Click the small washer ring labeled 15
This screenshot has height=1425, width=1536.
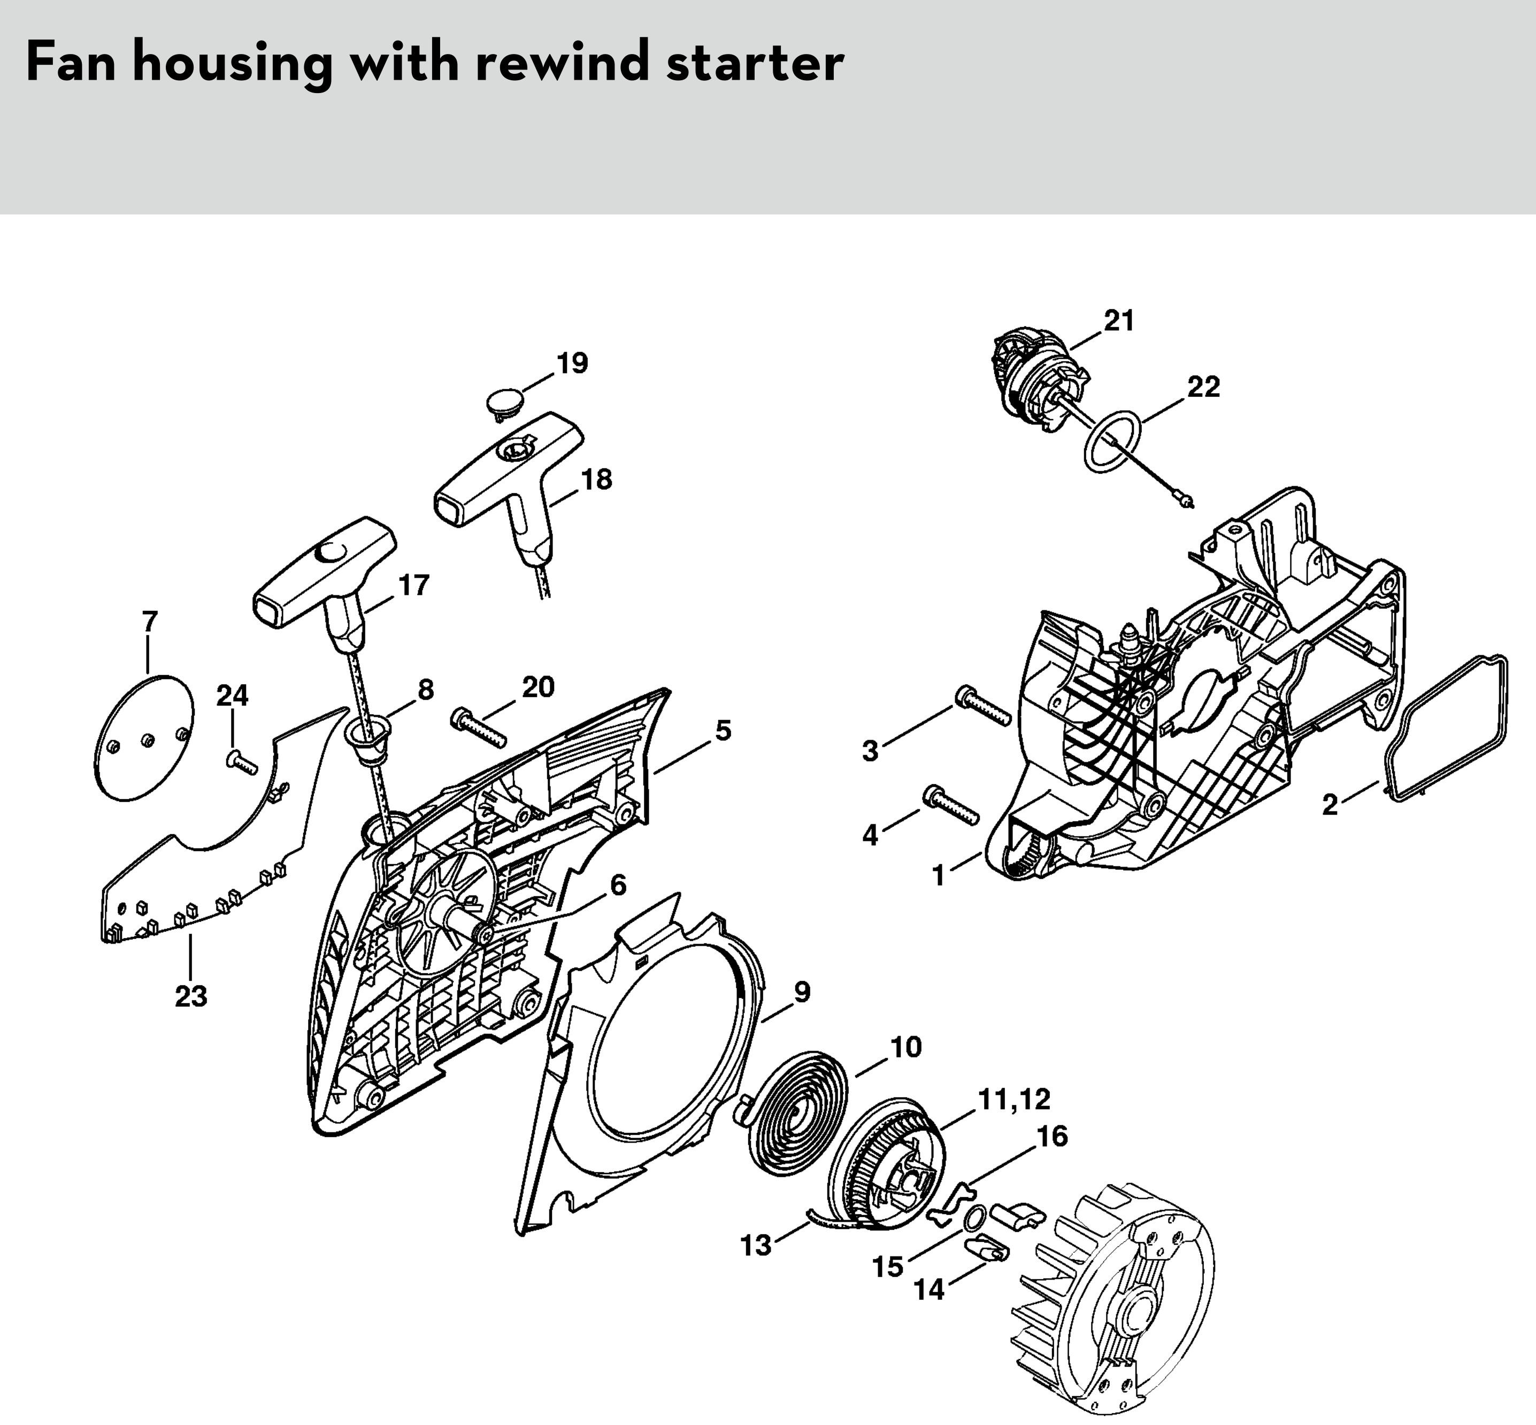click(x=974, y=1219)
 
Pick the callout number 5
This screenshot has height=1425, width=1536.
click(x=723, y=730)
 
